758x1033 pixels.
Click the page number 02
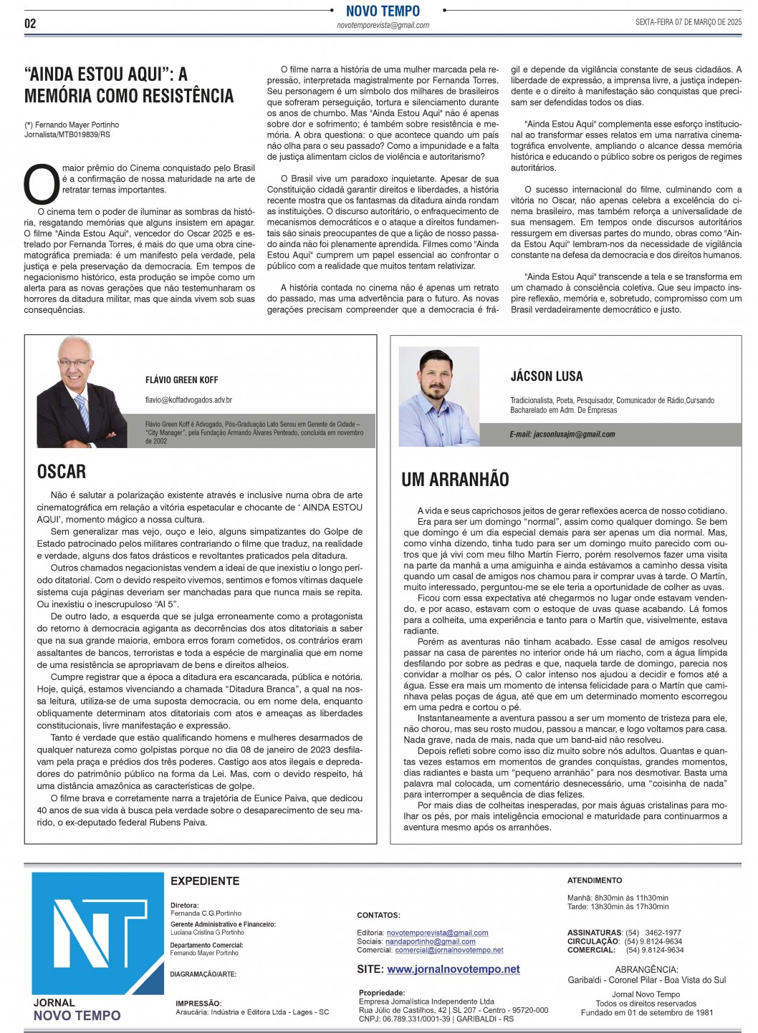[30, 23]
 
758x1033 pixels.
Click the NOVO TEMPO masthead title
[383, 11]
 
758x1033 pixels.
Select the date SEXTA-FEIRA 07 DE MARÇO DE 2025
[688, 22]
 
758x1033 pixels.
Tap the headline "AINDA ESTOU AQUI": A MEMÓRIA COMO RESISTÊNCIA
[129, 84]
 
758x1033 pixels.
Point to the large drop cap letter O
[42, 185]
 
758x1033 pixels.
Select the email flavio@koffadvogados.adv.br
[188, 400]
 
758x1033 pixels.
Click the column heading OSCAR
[62, 472]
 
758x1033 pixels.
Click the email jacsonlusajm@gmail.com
[562, 435]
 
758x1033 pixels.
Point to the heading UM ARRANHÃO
[455, 480]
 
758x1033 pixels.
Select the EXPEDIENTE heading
[205, 881]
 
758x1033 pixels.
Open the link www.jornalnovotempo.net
[454, 969]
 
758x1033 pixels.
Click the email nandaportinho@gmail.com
[431, 941]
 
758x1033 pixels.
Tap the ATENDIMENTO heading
[595, 881]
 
